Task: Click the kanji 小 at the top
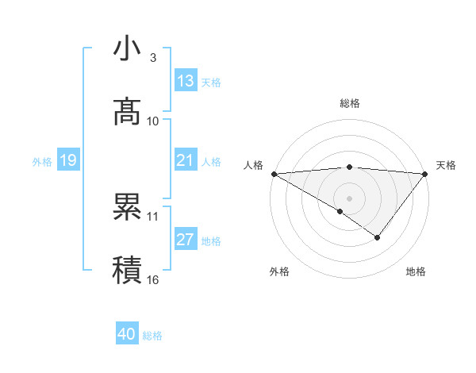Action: point(127,49)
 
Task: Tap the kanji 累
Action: point(127,208)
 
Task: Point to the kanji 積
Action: point(127,270)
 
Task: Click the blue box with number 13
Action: point(186,81)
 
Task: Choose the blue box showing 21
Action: point(186,160)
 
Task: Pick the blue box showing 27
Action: point(186,240)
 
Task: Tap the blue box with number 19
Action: point(68,160)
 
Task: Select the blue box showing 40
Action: point(127,334)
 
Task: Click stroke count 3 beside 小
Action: point(153,58)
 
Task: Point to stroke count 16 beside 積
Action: point(153,279)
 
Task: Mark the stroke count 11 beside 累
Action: point(153,216)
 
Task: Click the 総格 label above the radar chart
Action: point(349,103)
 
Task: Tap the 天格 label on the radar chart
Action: point(446,165)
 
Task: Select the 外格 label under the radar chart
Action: point(279,271)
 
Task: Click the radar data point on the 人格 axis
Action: point(274,173)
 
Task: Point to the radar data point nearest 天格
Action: point(425,173)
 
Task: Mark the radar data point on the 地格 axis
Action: point(378,237)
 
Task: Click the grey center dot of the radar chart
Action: point(349,198)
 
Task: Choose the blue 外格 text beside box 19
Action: point(42,161)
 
